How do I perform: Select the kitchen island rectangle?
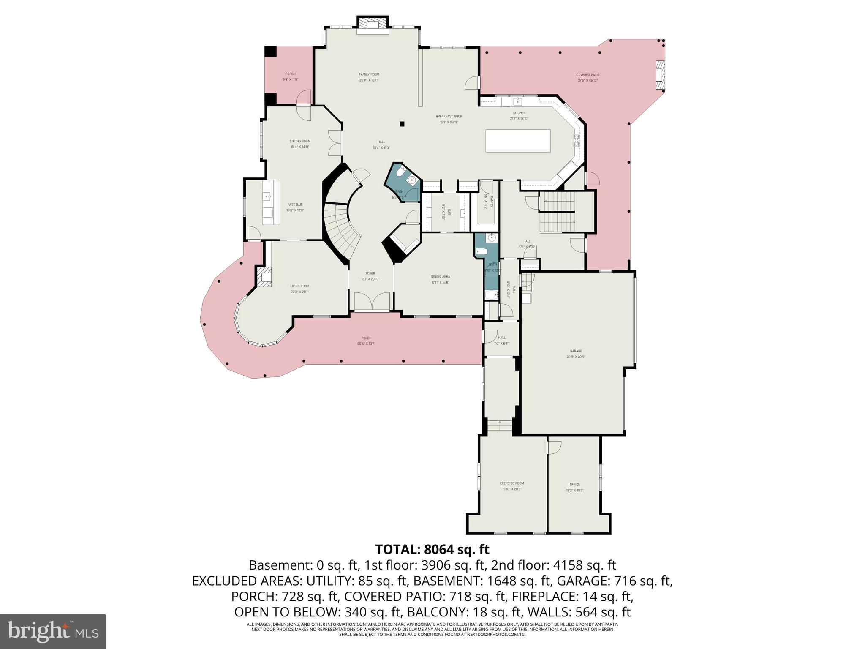coord(518,141)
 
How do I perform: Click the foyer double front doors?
coord(371,302)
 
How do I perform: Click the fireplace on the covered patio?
coord(660,75)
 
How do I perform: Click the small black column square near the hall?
coord(402,124)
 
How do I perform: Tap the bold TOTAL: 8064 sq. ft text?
coord(432,549)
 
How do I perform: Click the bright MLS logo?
coord(53,632)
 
